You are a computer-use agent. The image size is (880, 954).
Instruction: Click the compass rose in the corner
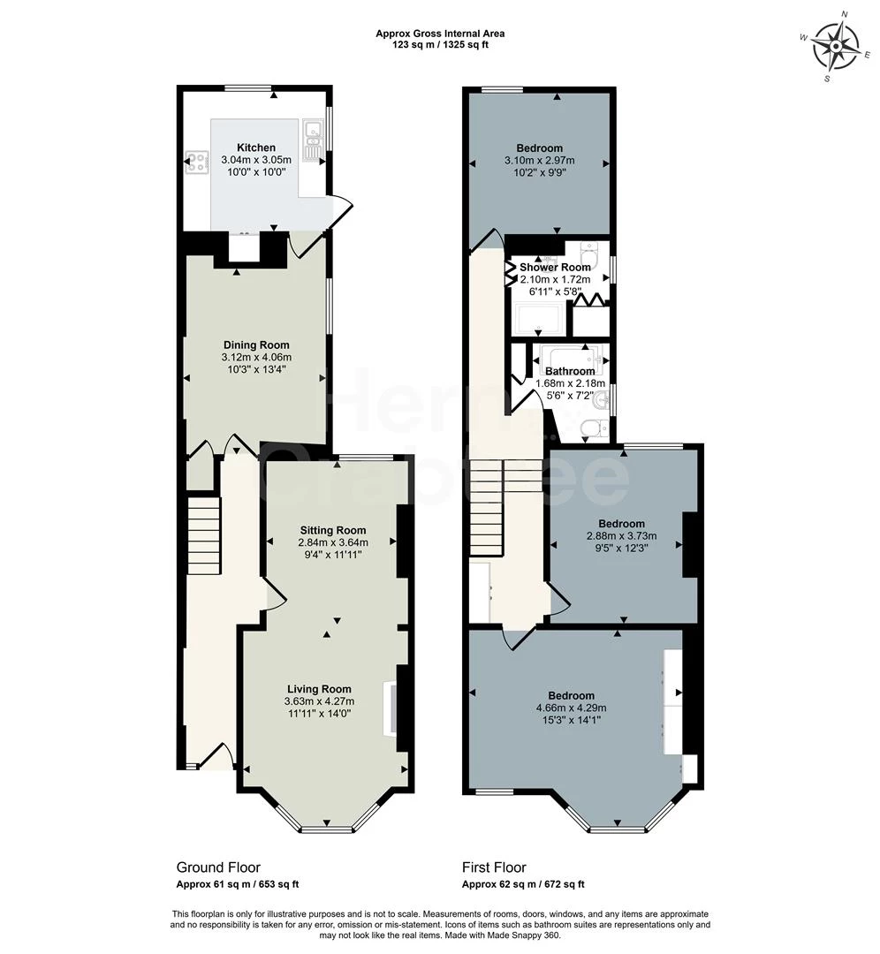pyautogui.click(x=835, y=47)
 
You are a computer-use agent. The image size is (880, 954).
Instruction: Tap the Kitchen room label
pyautogui.click(x=255, y=148)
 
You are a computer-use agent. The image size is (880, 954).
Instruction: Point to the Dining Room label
pyautogui.click(x=255, y=344)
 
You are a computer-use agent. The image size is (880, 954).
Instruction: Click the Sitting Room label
pyautogui.click(x=332, y=530)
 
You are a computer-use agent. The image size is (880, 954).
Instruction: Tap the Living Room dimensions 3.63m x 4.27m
pyautogui.click(x=319, y=701)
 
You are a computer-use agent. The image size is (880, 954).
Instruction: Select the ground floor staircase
pyautogui.click(x=203, y=535)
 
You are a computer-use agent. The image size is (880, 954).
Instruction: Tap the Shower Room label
pyautogui.click(x=555, y=267)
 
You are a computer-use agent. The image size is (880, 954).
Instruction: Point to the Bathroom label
pyautogui.click(x=570, y=371)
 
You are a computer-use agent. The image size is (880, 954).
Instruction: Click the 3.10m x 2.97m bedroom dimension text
pyautogui.click(x=539, y=161)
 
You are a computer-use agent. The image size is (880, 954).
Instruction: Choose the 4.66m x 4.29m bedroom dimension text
pyautogui.click(x=571, y=708)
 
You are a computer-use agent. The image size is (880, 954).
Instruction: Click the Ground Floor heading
pyautogui.click(x=218, y=867)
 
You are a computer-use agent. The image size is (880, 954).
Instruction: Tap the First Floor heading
pyautogui.click(x=494, y=867)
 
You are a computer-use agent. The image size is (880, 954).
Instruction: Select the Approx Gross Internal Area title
pyautogui.click(x=440, y=34)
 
